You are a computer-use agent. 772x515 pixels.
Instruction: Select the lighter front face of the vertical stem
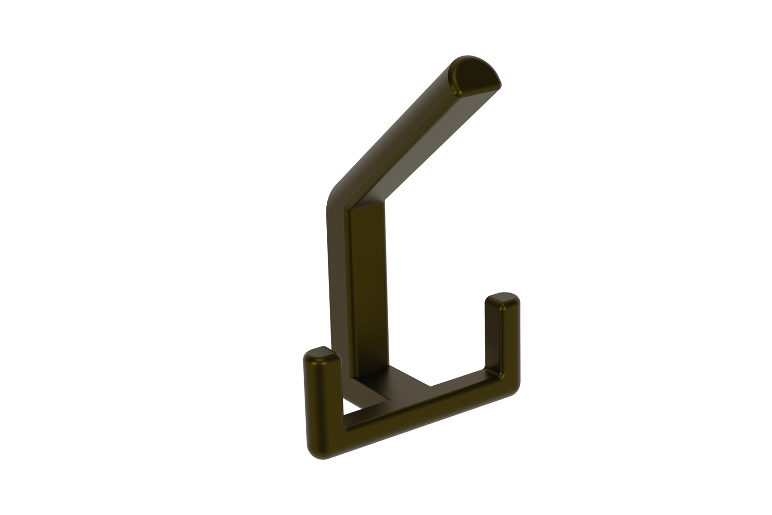tap(368, 283)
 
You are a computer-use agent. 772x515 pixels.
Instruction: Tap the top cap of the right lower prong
tap(502, 299)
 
